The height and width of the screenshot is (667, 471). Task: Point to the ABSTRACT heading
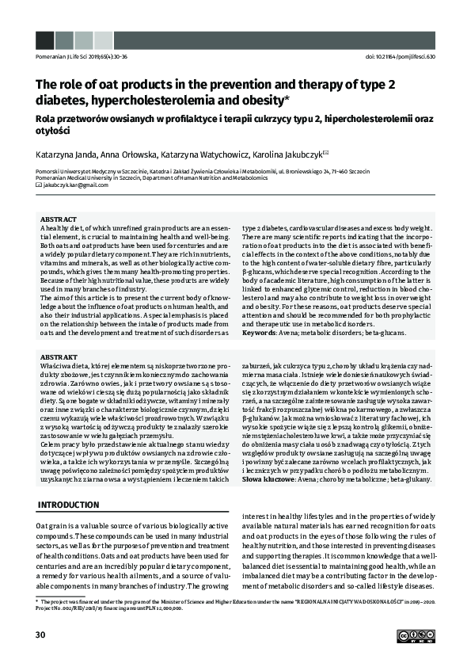58,219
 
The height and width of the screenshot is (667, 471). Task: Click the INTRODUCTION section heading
69,505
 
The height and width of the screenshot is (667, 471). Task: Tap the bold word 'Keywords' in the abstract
259,332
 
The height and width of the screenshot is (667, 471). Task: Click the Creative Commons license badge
416,635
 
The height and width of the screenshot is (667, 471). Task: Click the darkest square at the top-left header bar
44,40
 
